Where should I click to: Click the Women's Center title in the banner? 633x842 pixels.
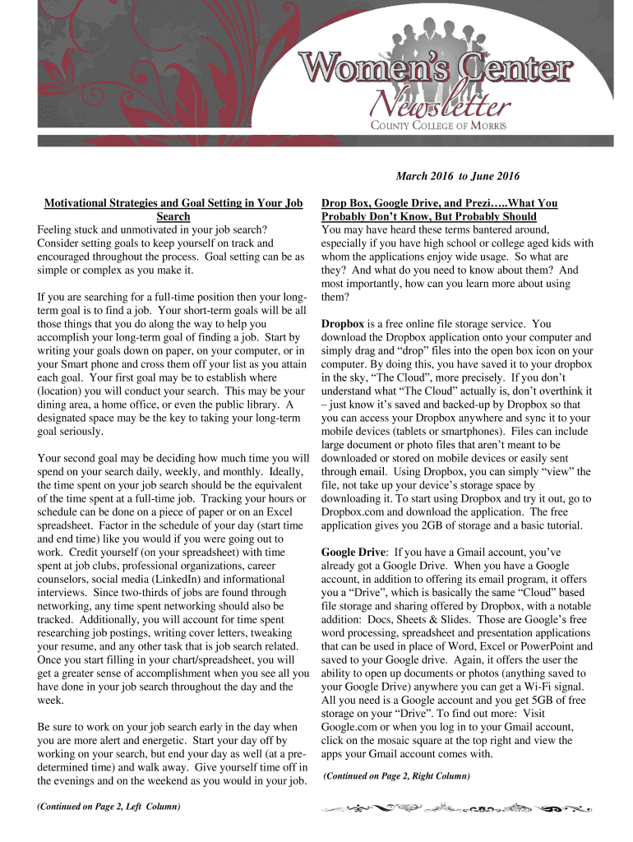click(x=436, y=68)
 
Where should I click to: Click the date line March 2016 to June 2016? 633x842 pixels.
click(x=458, y=176)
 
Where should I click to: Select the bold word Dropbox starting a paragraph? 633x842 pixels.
click(x=343, y=323)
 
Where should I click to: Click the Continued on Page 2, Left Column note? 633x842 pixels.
click(x=109, y=807)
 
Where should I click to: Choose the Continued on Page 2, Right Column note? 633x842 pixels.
click(x=397, y=775)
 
